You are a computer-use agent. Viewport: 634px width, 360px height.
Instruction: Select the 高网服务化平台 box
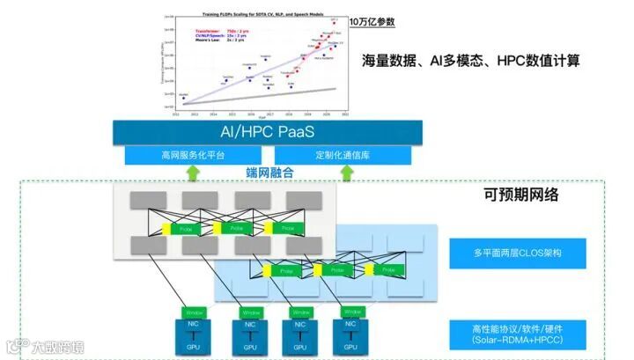(193, 156)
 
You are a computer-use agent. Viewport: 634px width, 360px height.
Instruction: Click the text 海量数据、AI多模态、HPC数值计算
(475, 61)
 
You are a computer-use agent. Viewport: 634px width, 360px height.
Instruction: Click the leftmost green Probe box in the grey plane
(186, 228)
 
